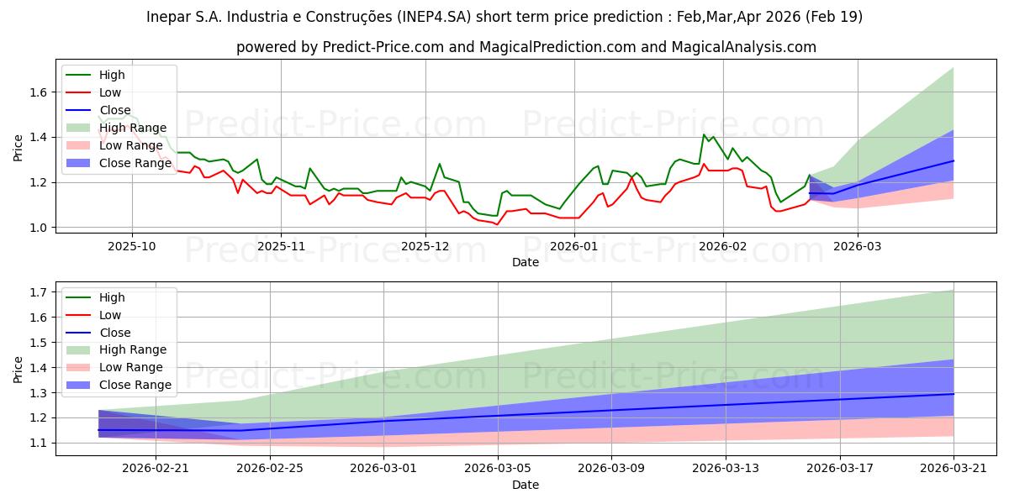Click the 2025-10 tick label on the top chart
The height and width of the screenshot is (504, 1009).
click(x=132, y=246)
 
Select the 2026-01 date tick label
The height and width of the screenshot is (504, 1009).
click(x=574, y=246)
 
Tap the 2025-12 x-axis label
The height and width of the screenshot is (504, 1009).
click(x=425, y=246)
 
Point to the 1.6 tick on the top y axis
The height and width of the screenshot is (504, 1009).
click(x=39, y=92)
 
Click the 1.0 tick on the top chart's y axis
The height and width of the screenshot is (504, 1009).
click(x=39, y=228)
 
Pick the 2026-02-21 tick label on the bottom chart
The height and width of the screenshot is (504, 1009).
click(x=156, y=469)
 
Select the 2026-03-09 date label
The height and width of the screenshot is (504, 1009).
click(x=611, y=469)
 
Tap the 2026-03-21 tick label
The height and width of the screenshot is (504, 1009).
click(x=954, y=469)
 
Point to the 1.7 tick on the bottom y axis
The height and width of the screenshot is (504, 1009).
click(x=39, y=292)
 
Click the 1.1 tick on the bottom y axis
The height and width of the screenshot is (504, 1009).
click(x=39, y=444)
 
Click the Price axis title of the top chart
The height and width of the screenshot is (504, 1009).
click(x=18, y=148)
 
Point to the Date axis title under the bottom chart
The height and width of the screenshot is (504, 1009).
click(x=526, y=485)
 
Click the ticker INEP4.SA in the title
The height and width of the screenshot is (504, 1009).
click(x=434, y=17)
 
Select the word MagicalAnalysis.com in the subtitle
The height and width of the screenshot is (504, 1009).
click(x=743, y=47)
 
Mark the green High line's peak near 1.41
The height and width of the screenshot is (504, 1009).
click(x=704, y=134)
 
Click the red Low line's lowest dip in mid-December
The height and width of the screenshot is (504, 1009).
click(x=497, y=224)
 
